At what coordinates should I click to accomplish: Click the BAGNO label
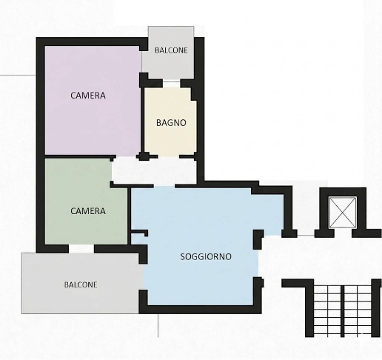(171, 123)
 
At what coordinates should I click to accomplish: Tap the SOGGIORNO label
(206, 257)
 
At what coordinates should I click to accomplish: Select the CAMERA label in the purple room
(88, 96)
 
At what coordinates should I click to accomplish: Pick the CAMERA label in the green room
(88, 211)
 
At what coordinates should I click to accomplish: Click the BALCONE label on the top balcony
(171, 50)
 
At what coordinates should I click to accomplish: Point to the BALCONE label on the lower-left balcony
(81, 284)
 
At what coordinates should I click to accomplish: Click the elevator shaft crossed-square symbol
(343, 212)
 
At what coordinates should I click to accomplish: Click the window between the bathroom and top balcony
(172, 83)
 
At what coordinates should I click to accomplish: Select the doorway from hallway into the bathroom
(168, 156)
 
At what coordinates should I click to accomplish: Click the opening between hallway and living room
(164, 186)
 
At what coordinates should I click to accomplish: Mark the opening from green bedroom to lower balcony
(81, 249)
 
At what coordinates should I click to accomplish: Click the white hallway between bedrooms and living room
(154, 172)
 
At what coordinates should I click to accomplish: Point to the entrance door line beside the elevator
(306, 236)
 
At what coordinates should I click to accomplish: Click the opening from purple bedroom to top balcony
(141, 62)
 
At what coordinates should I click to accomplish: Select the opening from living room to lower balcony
(143, 277)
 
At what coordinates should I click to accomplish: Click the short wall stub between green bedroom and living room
(139, 233)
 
